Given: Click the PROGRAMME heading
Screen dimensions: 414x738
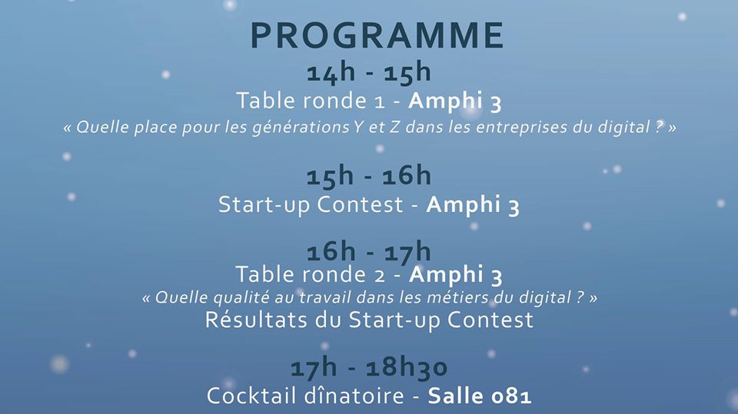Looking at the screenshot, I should coord(377,35).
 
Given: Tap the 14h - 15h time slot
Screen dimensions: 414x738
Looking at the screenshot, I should coord(368,73).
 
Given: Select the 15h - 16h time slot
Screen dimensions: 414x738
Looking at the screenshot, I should coord(369,176).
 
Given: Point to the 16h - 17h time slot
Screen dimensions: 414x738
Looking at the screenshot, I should coord(369,251).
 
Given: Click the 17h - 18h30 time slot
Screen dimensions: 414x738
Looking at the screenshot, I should coord(369,368).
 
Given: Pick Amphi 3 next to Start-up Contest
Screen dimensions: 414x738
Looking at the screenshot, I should coord(473,205).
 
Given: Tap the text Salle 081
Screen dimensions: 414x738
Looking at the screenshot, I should coord(480,396).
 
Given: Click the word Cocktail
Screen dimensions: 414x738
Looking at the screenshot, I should coord(245,396).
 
